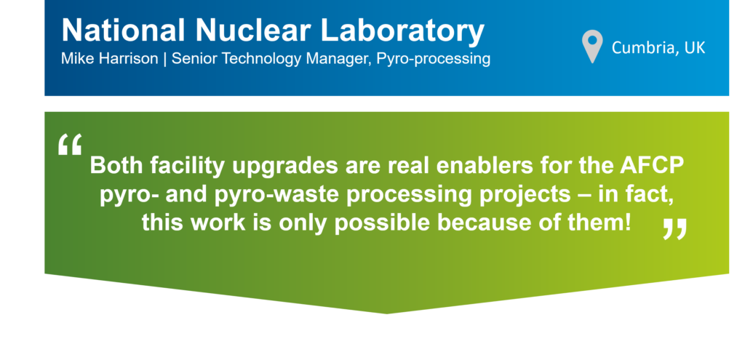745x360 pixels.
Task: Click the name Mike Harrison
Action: click(x=108, y=60)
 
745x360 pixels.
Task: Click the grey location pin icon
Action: click(x=592, y=47)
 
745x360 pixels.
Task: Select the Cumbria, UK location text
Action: click(x=658, y=48)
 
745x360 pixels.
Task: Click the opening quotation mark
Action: click(x=70, y=144)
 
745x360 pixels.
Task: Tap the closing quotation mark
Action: click(x=674, y=229)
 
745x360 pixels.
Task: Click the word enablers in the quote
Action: click(x=465, y=165)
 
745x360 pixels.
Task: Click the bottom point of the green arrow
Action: click(x=386, y=313)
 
